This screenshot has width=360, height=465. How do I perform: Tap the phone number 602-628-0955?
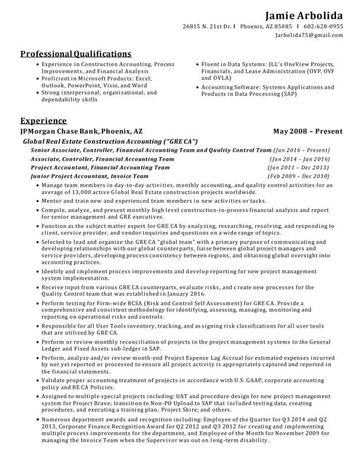(x=324, y=26)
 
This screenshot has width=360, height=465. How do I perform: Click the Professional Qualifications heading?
(x=76, y=54)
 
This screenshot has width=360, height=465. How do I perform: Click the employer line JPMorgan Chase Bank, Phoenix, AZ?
(x=81, y=131)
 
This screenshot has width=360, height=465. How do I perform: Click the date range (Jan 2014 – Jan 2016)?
(x=300, y=158)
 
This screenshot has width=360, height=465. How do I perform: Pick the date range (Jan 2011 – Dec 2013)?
(x=299, y=166)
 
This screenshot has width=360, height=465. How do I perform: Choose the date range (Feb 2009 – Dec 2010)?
(x=298, y=176)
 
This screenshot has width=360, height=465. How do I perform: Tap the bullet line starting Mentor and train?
(x=154, y=201)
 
